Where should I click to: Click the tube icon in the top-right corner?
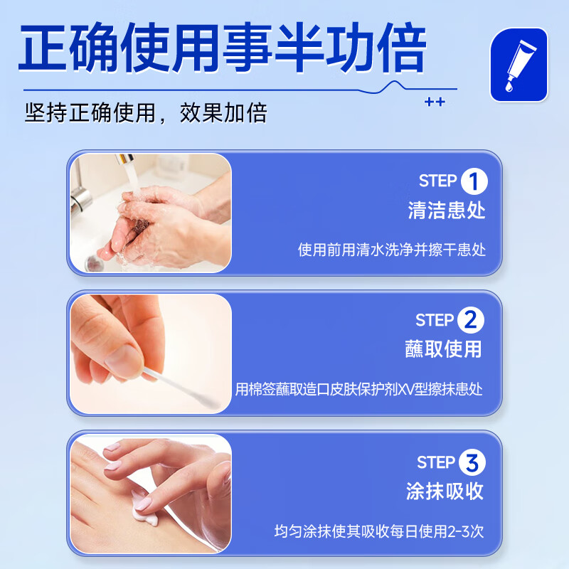pos(519,65)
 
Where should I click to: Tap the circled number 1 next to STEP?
pos(474,181)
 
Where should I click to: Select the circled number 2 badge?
pos(470,320)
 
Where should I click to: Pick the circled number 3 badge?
pos(472,463)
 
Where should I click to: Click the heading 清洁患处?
pos(447,211)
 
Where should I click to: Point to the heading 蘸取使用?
pos(444,350)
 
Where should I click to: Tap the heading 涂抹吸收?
pos(445,491)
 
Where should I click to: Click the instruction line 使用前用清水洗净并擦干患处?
pos(392,250)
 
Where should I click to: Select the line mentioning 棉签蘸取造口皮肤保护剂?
pos(359,390)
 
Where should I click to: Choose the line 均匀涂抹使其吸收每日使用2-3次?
pos(379,531)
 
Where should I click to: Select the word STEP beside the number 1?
pos(437,181)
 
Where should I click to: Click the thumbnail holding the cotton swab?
pos(150,353)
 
